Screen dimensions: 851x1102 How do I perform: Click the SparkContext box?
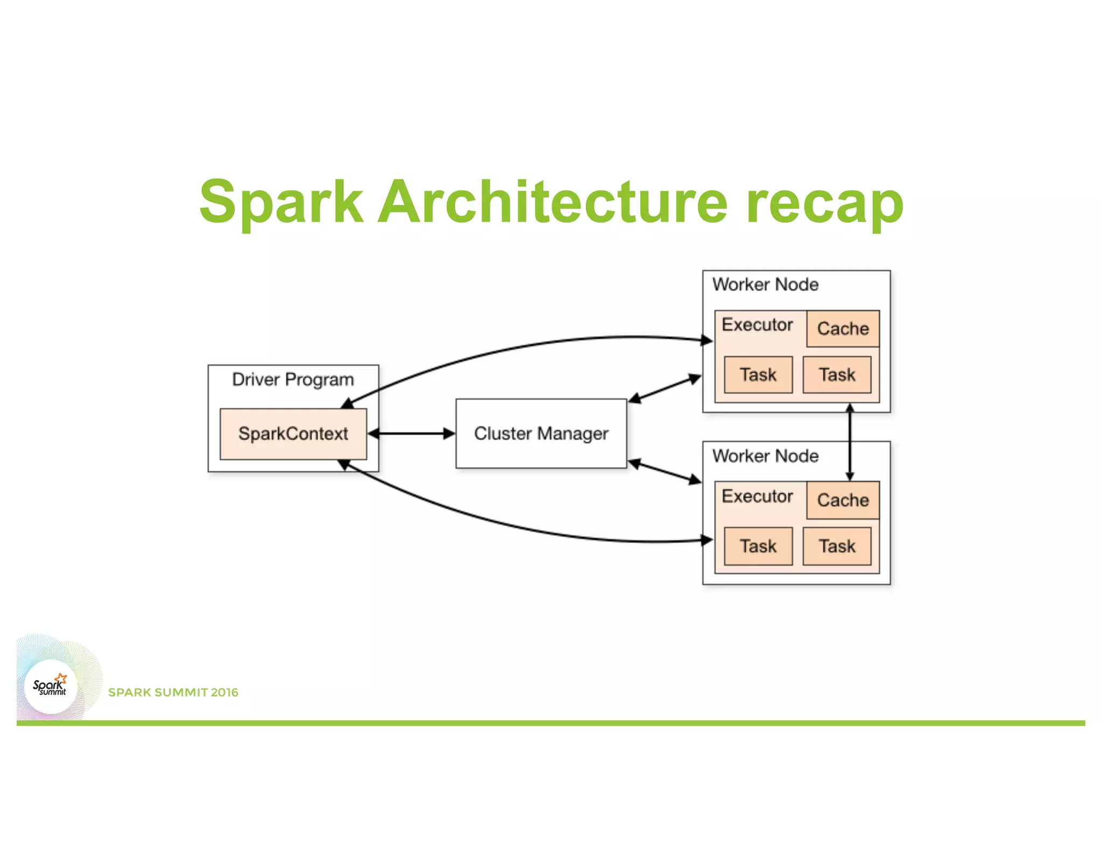coord(293,434)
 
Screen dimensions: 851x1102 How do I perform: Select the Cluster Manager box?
coord(541,434)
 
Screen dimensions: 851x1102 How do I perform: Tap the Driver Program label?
coord(293,380)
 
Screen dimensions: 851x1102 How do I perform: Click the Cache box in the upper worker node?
coord(843,329)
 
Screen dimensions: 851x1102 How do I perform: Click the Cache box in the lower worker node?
coord(843,500)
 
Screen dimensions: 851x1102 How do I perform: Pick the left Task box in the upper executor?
coord(758,374)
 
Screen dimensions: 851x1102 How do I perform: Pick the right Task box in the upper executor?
coord(837,374)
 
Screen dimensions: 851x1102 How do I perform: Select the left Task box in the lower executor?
coord(758,546)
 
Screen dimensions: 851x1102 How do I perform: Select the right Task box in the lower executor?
coord(837,546)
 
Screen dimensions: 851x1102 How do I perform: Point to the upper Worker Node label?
coord(765,285)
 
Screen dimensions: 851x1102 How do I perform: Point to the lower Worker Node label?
coord(765,456)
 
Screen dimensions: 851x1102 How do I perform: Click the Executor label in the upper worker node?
coord(757,325)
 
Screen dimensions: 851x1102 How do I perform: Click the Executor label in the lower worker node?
coord(757,497)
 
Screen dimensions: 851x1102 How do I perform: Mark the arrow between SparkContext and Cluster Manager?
coord(412,434)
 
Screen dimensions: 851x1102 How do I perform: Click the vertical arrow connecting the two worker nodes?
coord(850,441)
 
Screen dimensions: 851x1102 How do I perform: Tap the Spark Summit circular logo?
coord(51,686)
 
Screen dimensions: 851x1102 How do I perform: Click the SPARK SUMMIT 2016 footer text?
coord(173,692)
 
